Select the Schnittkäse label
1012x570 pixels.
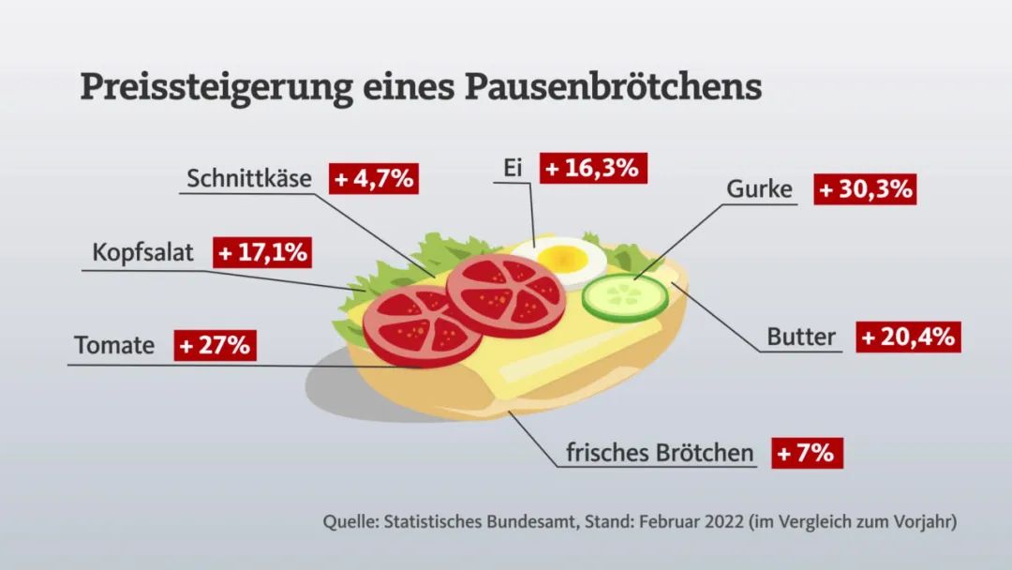pos(249,178)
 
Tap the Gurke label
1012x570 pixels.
pos(759,189)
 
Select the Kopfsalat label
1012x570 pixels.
pos(142,253)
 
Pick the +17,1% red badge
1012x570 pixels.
pos(262,253)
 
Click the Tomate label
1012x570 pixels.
pos(114,345)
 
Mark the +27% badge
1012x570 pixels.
pos(216,345)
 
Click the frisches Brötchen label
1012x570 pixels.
pos(660,454)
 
